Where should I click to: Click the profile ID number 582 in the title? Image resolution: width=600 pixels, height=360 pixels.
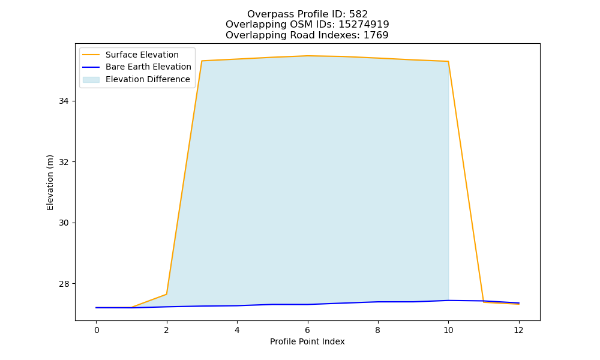pos(358,14)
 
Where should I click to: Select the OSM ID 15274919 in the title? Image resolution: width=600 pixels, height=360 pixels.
pos(364,25)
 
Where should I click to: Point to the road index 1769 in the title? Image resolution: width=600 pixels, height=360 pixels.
pos(376,35)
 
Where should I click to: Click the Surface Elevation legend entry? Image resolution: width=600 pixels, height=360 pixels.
pos(130,55)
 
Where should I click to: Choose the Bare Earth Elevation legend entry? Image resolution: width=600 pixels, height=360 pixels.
pos(137,67)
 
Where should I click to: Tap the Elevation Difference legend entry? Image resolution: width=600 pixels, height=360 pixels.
pos(136,79)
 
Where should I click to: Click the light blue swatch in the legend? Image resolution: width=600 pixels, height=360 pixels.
pos(91,80)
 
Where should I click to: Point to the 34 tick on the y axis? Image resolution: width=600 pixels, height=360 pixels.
pos(64,101)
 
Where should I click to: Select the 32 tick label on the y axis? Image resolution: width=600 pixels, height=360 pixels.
pos(64,162)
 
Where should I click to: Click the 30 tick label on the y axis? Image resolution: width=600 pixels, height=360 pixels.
pos(64,223)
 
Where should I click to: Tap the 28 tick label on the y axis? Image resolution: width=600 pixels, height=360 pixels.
pos(64,284)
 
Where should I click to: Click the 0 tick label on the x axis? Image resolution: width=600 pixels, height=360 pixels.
pos(97,330)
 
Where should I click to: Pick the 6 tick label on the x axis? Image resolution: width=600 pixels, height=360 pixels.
pos(307,330)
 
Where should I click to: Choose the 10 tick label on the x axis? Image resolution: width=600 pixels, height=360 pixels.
pos(448,330)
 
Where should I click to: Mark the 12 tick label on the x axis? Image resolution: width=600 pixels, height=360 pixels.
pos(518,330)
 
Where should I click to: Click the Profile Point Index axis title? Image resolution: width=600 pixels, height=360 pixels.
pos(307,341)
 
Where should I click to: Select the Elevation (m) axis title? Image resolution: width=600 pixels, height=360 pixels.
pos(50,182)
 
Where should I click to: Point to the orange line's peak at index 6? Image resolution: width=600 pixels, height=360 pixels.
pos(307,56)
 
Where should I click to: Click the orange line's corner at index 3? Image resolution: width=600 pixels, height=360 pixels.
pos(202,61)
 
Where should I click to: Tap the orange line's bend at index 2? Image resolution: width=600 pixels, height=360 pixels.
pos(166,294)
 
